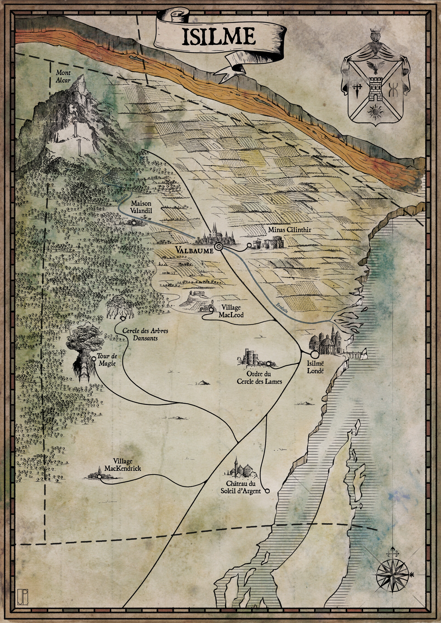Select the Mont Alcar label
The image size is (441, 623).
tap(63, 76)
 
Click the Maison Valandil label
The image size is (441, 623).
tap(141, 207)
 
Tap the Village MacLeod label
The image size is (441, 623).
tap(231, 311)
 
